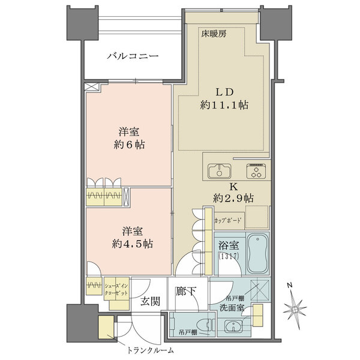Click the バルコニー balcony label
tap(133, 58)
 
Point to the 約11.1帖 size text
tap(224, 106)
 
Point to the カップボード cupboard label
tap(228, 221)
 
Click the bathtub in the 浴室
tap(257, 253)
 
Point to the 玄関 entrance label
tap(151, 302)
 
